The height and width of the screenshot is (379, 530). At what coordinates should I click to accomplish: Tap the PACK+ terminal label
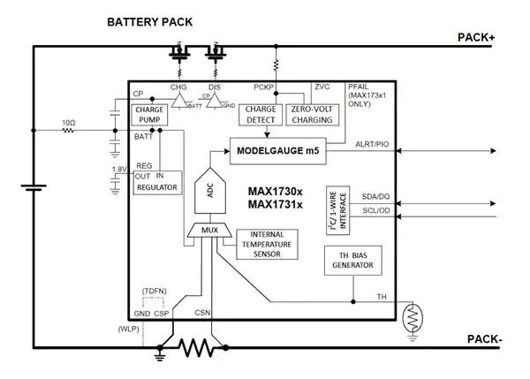pos(481,37)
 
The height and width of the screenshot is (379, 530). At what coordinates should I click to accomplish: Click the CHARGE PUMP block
pos(148,114)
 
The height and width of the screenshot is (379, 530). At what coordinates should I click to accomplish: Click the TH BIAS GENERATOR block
pos(352,261)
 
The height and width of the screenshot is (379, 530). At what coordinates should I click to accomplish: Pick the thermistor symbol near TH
pos(411,315)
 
